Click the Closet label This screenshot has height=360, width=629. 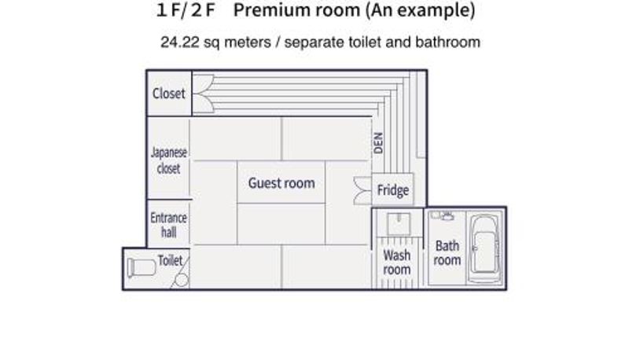[168, 94]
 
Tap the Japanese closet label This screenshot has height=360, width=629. [168, 160]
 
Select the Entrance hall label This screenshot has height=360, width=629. [168, 225]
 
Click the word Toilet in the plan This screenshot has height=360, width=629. [170, 261]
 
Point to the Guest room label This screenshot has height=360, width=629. [281, 183]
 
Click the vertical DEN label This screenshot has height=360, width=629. [378, 143]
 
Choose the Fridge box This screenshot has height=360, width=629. [392, 190]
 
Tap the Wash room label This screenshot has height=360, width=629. [397, 263]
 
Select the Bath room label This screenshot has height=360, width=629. [447, 252]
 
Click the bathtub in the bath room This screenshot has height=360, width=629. [484, 248]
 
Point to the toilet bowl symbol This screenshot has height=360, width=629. [142, 268]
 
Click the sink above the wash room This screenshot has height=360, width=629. [399, 224]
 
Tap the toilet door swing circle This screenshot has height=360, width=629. [182, 281]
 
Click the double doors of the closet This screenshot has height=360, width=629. [204, 94]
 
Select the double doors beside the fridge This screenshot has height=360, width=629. [362, 191]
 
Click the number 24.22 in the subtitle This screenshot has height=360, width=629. [180, 42]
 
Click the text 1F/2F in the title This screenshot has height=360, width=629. [186, 10]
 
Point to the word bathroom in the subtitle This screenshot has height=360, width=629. [447, 42]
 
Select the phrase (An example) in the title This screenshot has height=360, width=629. [421, 10]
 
